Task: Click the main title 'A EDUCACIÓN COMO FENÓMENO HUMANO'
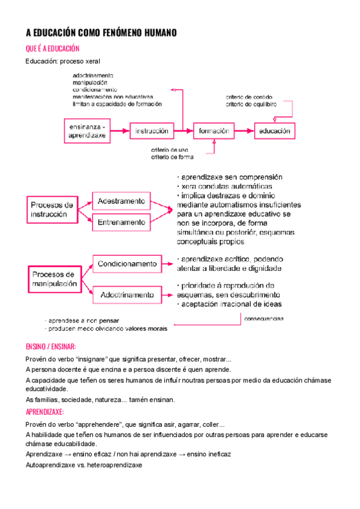[101, 34]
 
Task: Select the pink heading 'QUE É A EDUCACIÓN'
[53, 49]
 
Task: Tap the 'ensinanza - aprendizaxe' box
[88, 131]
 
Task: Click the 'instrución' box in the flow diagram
[151, 130]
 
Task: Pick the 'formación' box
[213, 130]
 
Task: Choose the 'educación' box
[275, 130]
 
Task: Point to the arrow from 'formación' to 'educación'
[243, 130]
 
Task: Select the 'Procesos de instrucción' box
[53, 209]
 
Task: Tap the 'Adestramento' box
[121, 200]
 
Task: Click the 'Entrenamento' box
[121, 222]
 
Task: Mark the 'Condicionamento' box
[127, 264]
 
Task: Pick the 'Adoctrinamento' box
[127, 294]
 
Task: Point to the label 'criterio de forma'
[172, 157]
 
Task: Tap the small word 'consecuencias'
[263, 319]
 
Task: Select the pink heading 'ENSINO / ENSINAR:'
[51, 347]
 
